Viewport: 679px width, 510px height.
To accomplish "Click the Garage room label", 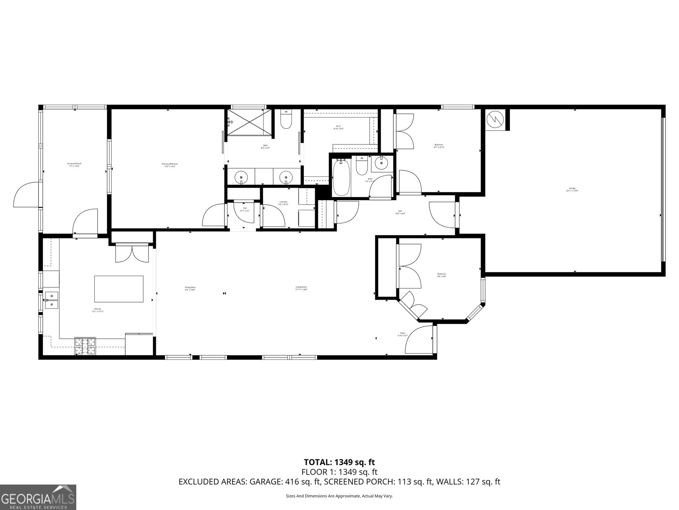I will coord(572,190).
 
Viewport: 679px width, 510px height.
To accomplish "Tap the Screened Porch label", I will coord(74,165).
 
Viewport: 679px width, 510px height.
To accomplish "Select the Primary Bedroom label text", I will coord(169,165).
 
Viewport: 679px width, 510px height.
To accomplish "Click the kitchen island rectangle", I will coord(118,289).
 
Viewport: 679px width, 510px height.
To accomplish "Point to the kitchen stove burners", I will coord(85,346).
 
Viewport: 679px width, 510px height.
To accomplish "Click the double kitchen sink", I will coord(51,299).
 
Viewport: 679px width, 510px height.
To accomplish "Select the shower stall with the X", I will coord(248,122).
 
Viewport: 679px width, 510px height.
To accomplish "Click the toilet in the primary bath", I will coord(286,120).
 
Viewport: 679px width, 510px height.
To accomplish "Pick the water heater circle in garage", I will coord(495,119).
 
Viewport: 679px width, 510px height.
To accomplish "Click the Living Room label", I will coord(301,288).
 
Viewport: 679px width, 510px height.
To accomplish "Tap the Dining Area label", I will coord(190,288).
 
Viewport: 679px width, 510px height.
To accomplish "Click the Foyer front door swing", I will coord(418,340).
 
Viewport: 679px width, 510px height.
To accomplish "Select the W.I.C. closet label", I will coord(339,127).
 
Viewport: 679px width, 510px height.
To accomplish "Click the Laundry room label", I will coord(283,203).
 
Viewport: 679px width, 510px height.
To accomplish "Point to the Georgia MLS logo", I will coord(38,497).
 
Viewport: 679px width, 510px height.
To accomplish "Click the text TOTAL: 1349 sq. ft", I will coord(339,462).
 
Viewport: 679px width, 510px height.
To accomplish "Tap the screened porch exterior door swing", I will coord(26,195).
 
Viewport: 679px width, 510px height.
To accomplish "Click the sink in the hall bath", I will coord(382,162).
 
